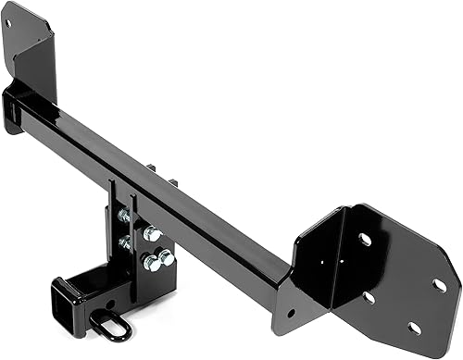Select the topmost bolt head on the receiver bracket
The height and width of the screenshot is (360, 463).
(x=123, y=216)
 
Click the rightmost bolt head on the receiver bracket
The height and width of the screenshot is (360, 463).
(x=166, y=257)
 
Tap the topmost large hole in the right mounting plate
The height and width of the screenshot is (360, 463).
(x=365, y=239)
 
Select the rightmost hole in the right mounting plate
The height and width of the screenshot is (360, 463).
(x=439, y=285)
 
